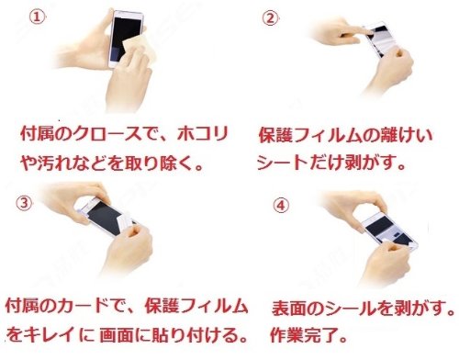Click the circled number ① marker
[37, 17]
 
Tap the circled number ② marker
[270, 18]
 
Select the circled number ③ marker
[23, 204]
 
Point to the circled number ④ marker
[281, 206]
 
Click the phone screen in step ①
[126, 39]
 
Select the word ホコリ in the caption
[203, 133]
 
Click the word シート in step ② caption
[282, 163]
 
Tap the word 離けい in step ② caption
[406, 135]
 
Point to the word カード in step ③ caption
[83, 307]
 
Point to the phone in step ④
[390, 231]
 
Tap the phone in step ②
[380, 39]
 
